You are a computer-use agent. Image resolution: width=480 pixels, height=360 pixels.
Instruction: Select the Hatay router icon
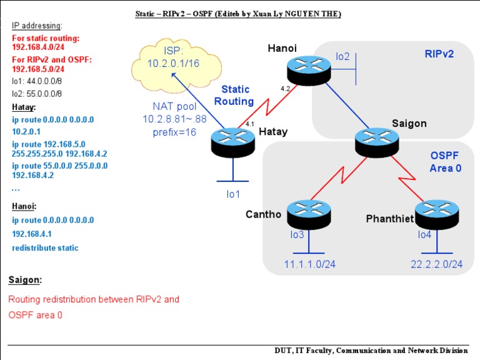pyautogui.click(x=232, y=142)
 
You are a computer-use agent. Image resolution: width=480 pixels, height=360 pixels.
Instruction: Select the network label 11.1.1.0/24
pyautogui.click(x=310, y=264)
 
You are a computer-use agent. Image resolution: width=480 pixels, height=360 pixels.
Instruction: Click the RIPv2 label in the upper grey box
pyautogui.click(x=439, y=54)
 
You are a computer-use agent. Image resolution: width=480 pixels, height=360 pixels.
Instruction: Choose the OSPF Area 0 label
pyautogui.click(x=446, y=161)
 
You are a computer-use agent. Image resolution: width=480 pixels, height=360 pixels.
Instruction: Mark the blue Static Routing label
pyautogui.click(x=237, y=96)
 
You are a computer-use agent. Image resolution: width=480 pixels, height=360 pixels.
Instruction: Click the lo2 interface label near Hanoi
pyautogui.click(x=342, y=57)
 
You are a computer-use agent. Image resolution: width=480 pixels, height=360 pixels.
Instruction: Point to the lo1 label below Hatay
pyautogui.click(x=233, y=194)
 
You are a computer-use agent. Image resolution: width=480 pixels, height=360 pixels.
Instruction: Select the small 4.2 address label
pyautogui.click(x=286, y=88)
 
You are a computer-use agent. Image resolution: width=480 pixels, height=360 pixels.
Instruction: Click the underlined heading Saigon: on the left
pyautogui.click(x=25, y=279)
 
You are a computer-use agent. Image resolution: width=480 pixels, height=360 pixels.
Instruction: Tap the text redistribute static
pyautogui.click(x=45, y=247)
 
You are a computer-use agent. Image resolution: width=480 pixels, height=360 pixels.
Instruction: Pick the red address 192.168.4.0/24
pyautogui.click(x=37, y=47)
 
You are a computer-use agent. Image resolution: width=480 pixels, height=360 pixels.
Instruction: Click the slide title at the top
pyautogui.click(x=238, y=13)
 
